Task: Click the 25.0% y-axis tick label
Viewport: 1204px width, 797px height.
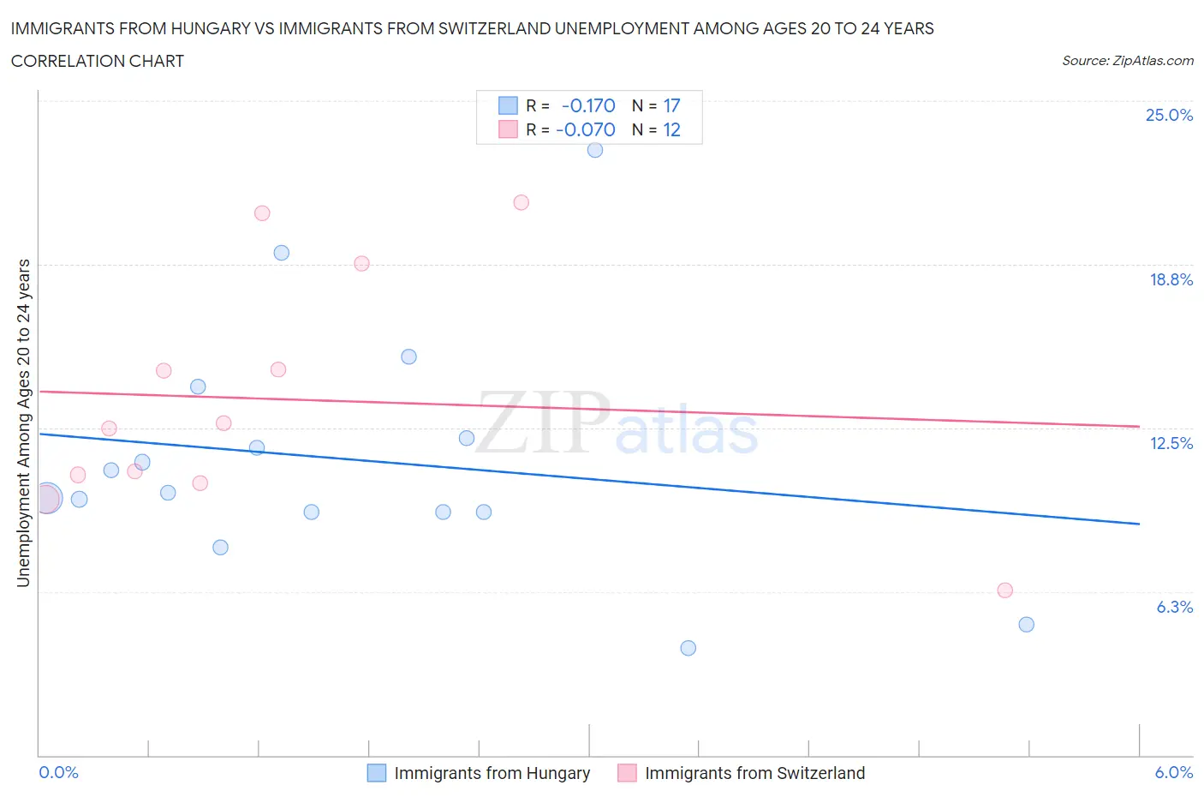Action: pos(1169,115)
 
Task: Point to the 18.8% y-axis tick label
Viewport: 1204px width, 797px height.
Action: pos(1171,279)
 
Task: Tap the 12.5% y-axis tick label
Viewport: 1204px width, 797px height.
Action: pos(1171,443)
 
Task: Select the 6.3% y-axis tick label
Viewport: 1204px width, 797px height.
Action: pos(1174,607)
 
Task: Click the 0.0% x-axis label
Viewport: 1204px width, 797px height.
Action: pos(59,772)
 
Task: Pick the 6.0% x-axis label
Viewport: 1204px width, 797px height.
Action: pos(1173,772)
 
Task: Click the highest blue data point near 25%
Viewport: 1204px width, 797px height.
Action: pos(595,150)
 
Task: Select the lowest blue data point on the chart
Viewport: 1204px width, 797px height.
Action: pos(688,648)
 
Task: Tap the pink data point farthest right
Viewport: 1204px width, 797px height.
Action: pos(1005,590)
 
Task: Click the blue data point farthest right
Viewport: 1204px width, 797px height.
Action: pos(1027,625)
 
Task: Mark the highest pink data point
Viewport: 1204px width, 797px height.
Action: pos(522,203)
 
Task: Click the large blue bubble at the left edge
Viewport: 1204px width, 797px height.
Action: pos(47,498)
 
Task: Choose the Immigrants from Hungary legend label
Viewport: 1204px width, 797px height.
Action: pos(492,773)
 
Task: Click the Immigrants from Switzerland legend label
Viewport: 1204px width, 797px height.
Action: pos(754,773)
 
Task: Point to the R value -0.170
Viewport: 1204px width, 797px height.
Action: pos(588,105)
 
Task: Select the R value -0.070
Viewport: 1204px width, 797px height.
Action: pos(586,129)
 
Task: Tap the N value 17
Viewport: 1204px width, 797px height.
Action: pos(671,105)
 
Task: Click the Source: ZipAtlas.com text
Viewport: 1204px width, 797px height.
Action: pos(1127,61)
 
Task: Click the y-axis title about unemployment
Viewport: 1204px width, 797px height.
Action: pos(23,422)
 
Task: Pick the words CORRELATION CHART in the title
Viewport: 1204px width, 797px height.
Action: pos(98,61)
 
